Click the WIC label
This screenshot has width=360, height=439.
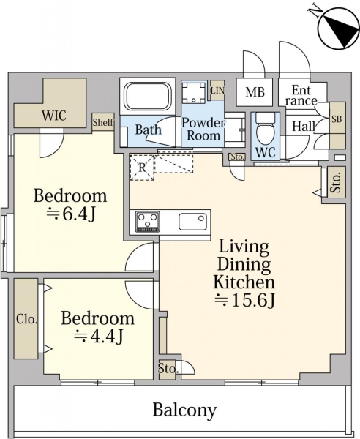click(54, 115)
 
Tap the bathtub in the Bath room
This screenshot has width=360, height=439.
click(148, 97)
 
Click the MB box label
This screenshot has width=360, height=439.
click(255, 92)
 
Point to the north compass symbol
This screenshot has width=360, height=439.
click(338, 29)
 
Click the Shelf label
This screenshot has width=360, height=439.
click(103, 122)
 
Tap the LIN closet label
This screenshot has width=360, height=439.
click(217, 91)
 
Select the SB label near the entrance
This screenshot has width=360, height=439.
click(337, 119)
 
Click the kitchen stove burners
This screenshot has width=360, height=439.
click(148, 222)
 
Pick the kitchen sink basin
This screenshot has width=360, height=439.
click(193, 222)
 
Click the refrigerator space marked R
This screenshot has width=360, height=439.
click(142, 168)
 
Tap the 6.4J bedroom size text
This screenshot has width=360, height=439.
click(71, 214)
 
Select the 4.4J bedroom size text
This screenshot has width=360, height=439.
click(98, 337)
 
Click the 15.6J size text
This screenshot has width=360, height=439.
click(245, 300)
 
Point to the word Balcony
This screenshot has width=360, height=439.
click(185, 410)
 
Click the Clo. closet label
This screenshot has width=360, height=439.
click(26, 319)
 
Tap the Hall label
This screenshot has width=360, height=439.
click(304, 127)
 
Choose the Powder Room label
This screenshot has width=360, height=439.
click(203, 129)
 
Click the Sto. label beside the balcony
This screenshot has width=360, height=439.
click(168, 368)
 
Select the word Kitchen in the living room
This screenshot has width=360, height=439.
click(244, 282)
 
